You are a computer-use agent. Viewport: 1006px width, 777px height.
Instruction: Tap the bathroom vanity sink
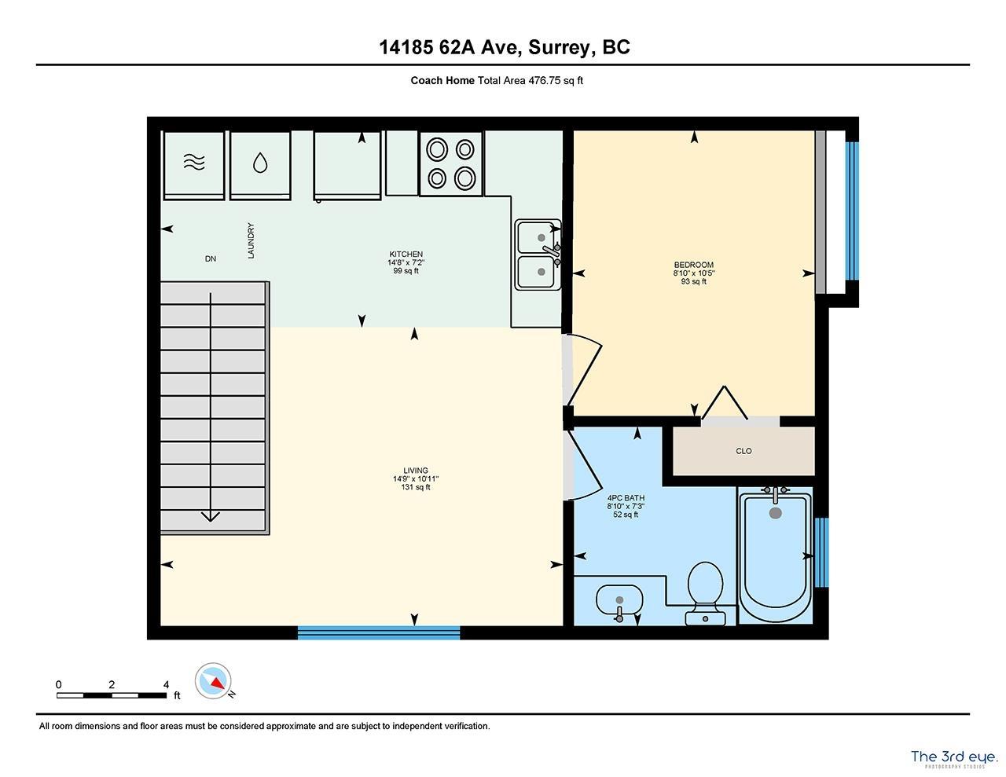[x=619, y=603]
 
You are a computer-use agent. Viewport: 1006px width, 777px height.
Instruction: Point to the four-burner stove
[x=451, y=164]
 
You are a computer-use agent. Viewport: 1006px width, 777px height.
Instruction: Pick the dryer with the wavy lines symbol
[x=193, y=163]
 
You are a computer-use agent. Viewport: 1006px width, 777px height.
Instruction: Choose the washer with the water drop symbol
[x=260, y=163]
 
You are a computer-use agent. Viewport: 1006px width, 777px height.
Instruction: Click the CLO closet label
[x=743, y=451]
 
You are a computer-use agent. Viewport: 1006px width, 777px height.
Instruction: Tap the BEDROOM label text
[x=693, y=265]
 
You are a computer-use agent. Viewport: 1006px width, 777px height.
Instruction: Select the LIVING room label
[x=416, y=471]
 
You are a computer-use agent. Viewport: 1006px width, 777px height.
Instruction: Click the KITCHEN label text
[x=406, y=255]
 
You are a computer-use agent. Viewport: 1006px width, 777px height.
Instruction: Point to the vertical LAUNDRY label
[x=251, y=241]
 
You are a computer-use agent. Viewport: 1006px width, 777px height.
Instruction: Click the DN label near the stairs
[x=210, y=258]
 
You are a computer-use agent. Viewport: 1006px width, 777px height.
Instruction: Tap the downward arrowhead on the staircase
[x=210, y=515]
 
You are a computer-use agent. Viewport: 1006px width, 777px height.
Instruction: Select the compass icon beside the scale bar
[x=213, y=680]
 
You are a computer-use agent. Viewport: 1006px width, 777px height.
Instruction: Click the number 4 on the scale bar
[x=166, y=684]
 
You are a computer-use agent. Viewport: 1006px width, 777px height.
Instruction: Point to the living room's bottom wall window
[x=378, y=632]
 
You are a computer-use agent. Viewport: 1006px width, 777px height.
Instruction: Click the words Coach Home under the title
[x=442, y=80]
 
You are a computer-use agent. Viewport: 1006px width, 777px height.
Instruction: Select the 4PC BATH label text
[x=626, y=498]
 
